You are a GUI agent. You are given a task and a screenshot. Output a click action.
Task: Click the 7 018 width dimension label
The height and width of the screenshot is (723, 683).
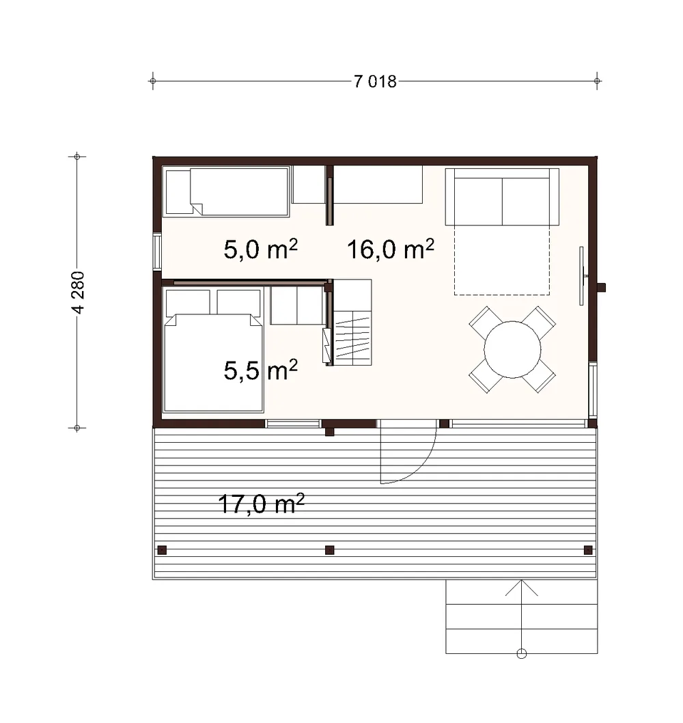point(375,81)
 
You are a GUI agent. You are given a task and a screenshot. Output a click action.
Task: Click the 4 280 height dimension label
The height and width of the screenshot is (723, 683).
point(79,292)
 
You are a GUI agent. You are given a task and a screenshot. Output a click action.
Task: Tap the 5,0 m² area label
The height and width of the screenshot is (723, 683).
point(261,249)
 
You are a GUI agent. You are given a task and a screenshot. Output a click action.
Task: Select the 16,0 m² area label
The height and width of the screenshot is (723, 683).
point(391,249)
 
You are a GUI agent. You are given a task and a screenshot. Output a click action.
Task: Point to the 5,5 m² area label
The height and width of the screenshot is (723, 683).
point(261,370)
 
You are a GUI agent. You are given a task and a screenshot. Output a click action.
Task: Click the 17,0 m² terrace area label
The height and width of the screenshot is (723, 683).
point(261,504)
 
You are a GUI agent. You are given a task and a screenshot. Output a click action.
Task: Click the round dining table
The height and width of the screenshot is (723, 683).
point(512,349)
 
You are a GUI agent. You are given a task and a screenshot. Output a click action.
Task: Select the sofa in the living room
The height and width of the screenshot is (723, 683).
point(502,197)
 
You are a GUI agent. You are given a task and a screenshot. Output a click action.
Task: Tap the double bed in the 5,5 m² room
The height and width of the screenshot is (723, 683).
point(213,350)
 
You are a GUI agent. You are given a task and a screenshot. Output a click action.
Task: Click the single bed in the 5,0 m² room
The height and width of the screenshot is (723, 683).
point(226,192)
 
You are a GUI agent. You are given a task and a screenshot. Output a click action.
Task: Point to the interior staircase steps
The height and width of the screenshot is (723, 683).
point(352,338)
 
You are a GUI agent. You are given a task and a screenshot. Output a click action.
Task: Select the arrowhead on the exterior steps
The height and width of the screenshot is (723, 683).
point(522,588)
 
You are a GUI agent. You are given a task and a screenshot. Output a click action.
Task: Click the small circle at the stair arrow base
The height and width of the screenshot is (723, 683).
point(522,654)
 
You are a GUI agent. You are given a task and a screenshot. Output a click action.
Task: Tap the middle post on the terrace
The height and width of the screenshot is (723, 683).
point(329,549)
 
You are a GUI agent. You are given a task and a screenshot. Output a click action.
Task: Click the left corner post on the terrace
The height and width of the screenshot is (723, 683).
point(162,549)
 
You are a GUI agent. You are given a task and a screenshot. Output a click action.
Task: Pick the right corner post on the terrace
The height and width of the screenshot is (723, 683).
point(588,549)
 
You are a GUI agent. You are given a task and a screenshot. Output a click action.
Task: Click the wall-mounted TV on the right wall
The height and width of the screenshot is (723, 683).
point(582,275)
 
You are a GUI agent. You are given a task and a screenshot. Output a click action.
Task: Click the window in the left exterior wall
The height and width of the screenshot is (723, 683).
point(157,251)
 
